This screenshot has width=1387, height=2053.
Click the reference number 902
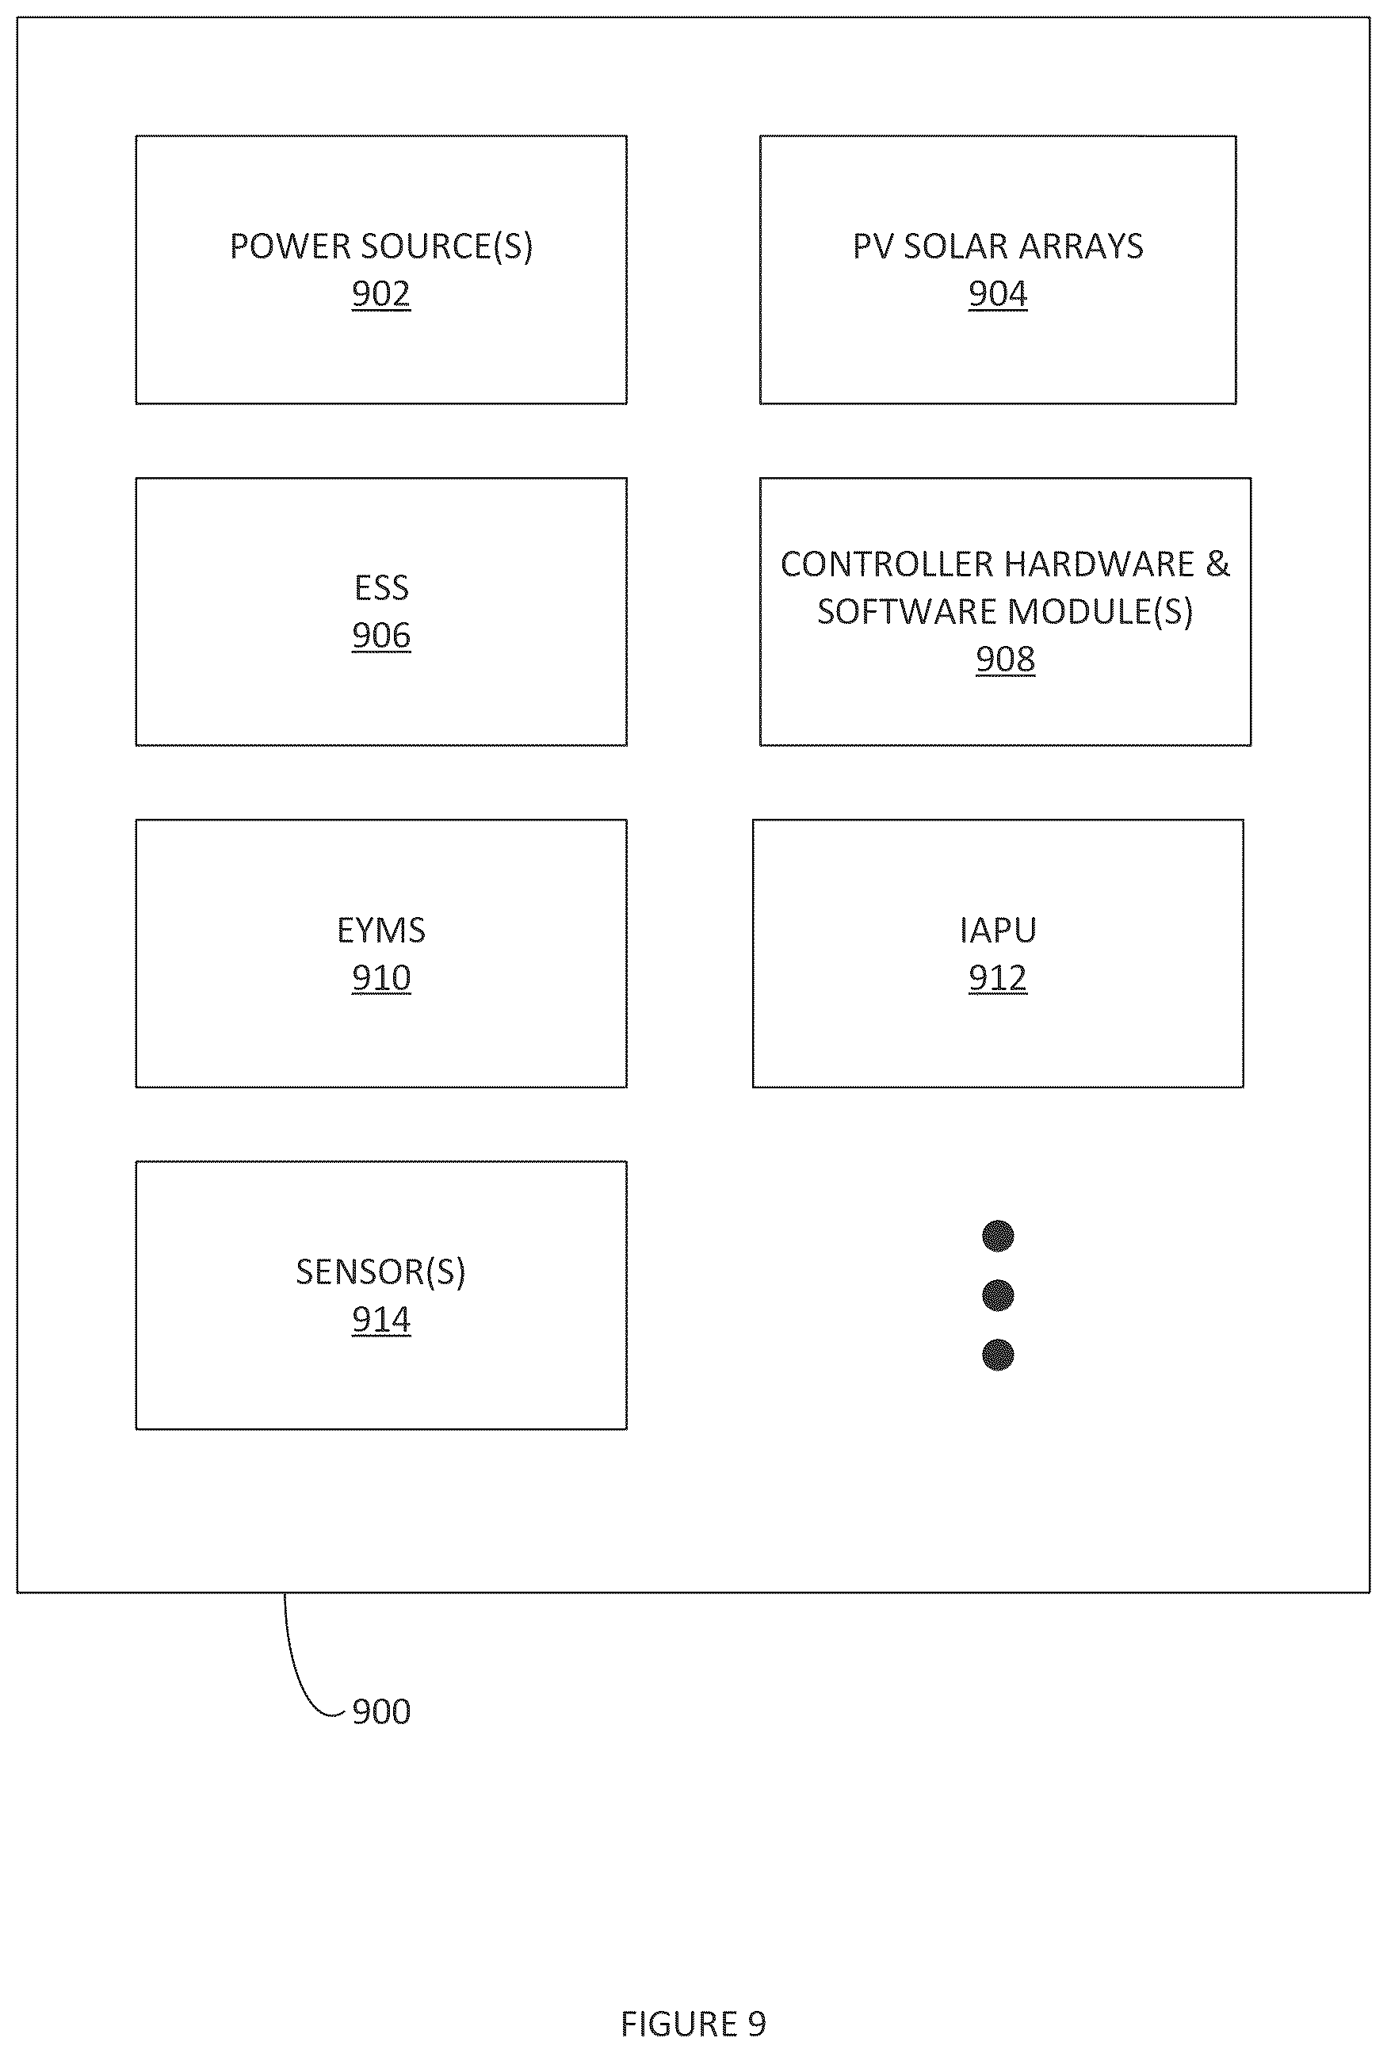click(x=380, y=293)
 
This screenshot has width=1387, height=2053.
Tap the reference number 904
click(x=997, y=293)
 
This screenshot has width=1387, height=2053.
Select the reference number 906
click(x=380, y=635)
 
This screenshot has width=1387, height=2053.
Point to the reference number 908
click(x=1004, y=659)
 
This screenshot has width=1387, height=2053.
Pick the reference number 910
click(x=380, y=978)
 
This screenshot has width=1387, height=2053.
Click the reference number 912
click(x=997, y=978)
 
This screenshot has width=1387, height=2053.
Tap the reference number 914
click(x=380, y=1320)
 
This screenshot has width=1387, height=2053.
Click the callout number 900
click(x=380, y=1711)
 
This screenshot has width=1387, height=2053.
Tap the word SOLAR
click(x=956, y=246)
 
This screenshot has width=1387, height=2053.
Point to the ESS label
click(x=380, y=587)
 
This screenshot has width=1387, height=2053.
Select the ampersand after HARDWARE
click(x=1217, y=564)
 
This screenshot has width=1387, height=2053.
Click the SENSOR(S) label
click(x=380, y=1272)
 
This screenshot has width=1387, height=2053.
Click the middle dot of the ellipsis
click(x=997, y=1295)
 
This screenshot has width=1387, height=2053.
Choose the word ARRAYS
click(x=1080, y=246)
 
